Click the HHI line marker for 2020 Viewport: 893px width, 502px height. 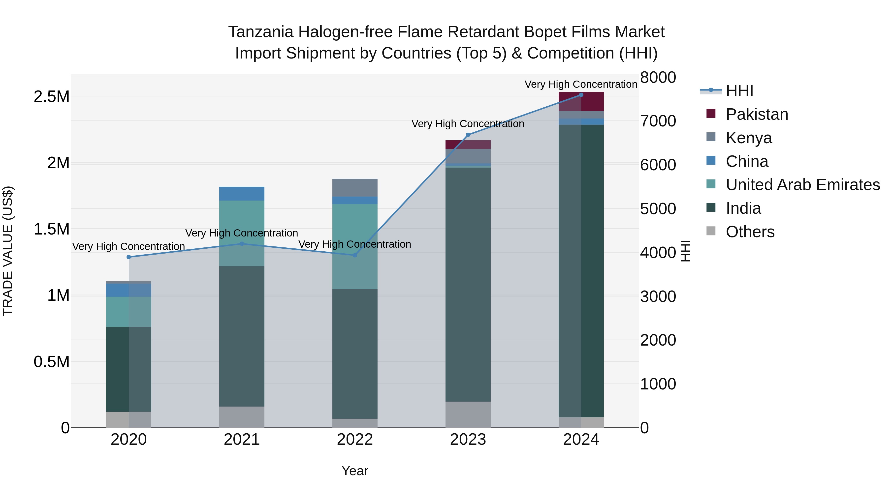128,257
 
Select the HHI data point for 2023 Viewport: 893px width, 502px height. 468,135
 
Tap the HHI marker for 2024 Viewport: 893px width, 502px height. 581,95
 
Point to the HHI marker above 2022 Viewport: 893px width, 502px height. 355,255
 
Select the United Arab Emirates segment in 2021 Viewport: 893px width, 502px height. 242,233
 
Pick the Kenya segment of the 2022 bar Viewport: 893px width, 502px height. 355,188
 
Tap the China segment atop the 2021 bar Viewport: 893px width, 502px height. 242,194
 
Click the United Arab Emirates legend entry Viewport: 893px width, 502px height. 802,185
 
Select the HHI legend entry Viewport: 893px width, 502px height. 739,91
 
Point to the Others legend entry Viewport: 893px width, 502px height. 750,232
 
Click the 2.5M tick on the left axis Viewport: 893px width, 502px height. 52,97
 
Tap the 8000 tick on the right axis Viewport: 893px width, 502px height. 658,77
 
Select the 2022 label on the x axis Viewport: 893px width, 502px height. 355,440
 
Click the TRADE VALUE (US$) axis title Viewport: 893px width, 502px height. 8,251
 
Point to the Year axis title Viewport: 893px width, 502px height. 355,471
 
